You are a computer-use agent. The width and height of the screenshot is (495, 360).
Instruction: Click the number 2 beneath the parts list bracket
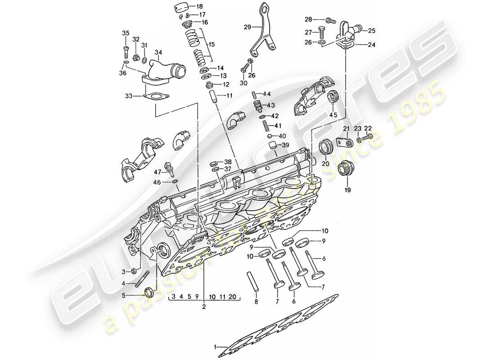point(203,307)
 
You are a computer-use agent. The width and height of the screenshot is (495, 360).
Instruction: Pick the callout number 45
point(333,115)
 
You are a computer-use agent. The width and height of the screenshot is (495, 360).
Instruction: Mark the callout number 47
point(157,172)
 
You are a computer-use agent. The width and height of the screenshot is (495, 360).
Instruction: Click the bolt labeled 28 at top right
point(331,20)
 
